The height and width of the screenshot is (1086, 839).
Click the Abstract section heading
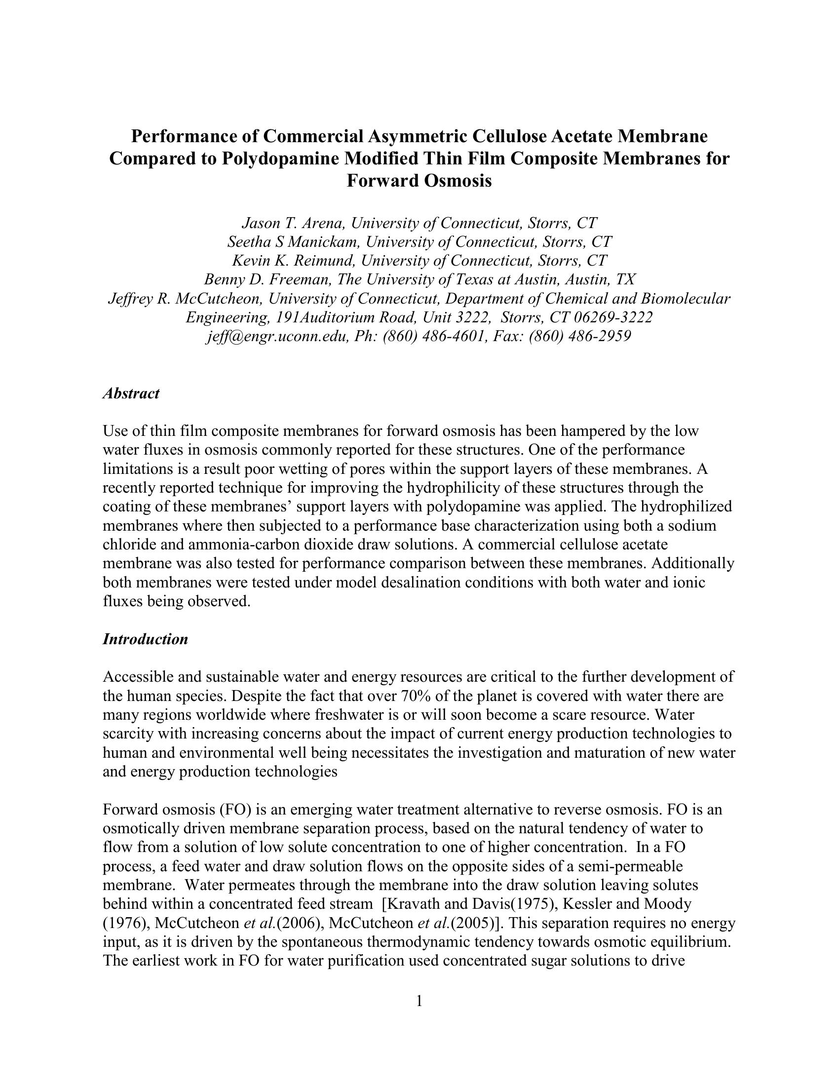click(131, 393)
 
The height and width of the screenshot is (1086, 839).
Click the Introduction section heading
click(145, 639)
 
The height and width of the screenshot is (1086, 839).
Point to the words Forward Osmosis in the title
click(419, 181)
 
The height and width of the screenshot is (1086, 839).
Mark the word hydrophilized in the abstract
click(686, 506)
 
